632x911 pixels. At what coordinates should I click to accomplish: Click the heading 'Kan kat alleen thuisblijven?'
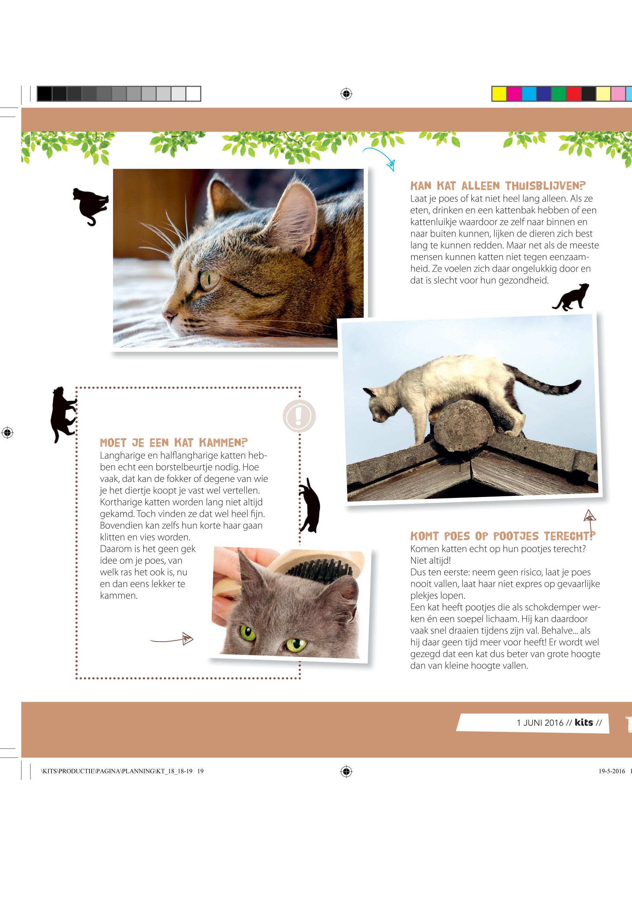tap(498, 186)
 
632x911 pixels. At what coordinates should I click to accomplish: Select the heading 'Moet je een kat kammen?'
tap(174, 442)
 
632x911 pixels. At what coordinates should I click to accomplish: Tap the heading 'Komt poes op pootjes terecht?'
tap(503, 536)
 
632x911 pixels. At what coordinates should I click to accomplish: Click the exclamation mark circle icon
tap(299, 416)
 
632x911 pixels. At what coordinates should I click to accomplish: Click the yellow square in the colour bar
tap(499, 94)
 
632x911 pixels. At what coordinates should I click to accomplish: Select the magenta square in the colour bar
tap(514, 94)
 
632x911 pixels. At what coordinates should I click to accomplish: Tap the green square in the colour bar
tap(559, 94)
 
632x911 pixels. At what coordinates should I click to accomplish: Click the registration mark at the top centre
tap(346, 94)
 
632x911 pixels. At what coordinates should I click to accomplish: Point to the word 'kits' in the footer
tap(584, 722)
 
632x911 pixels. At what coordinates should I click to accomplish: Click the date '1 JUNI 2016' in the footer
tap(540, 723)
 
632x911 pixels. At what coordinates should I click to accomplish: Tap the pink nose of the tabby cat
tap(170, 316)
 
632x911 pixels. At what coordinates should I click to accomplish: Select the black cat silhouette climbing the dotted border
tap(63, 414)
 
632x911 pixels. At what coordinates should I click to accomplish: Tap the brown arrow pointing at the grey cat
tap(171, 638)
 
